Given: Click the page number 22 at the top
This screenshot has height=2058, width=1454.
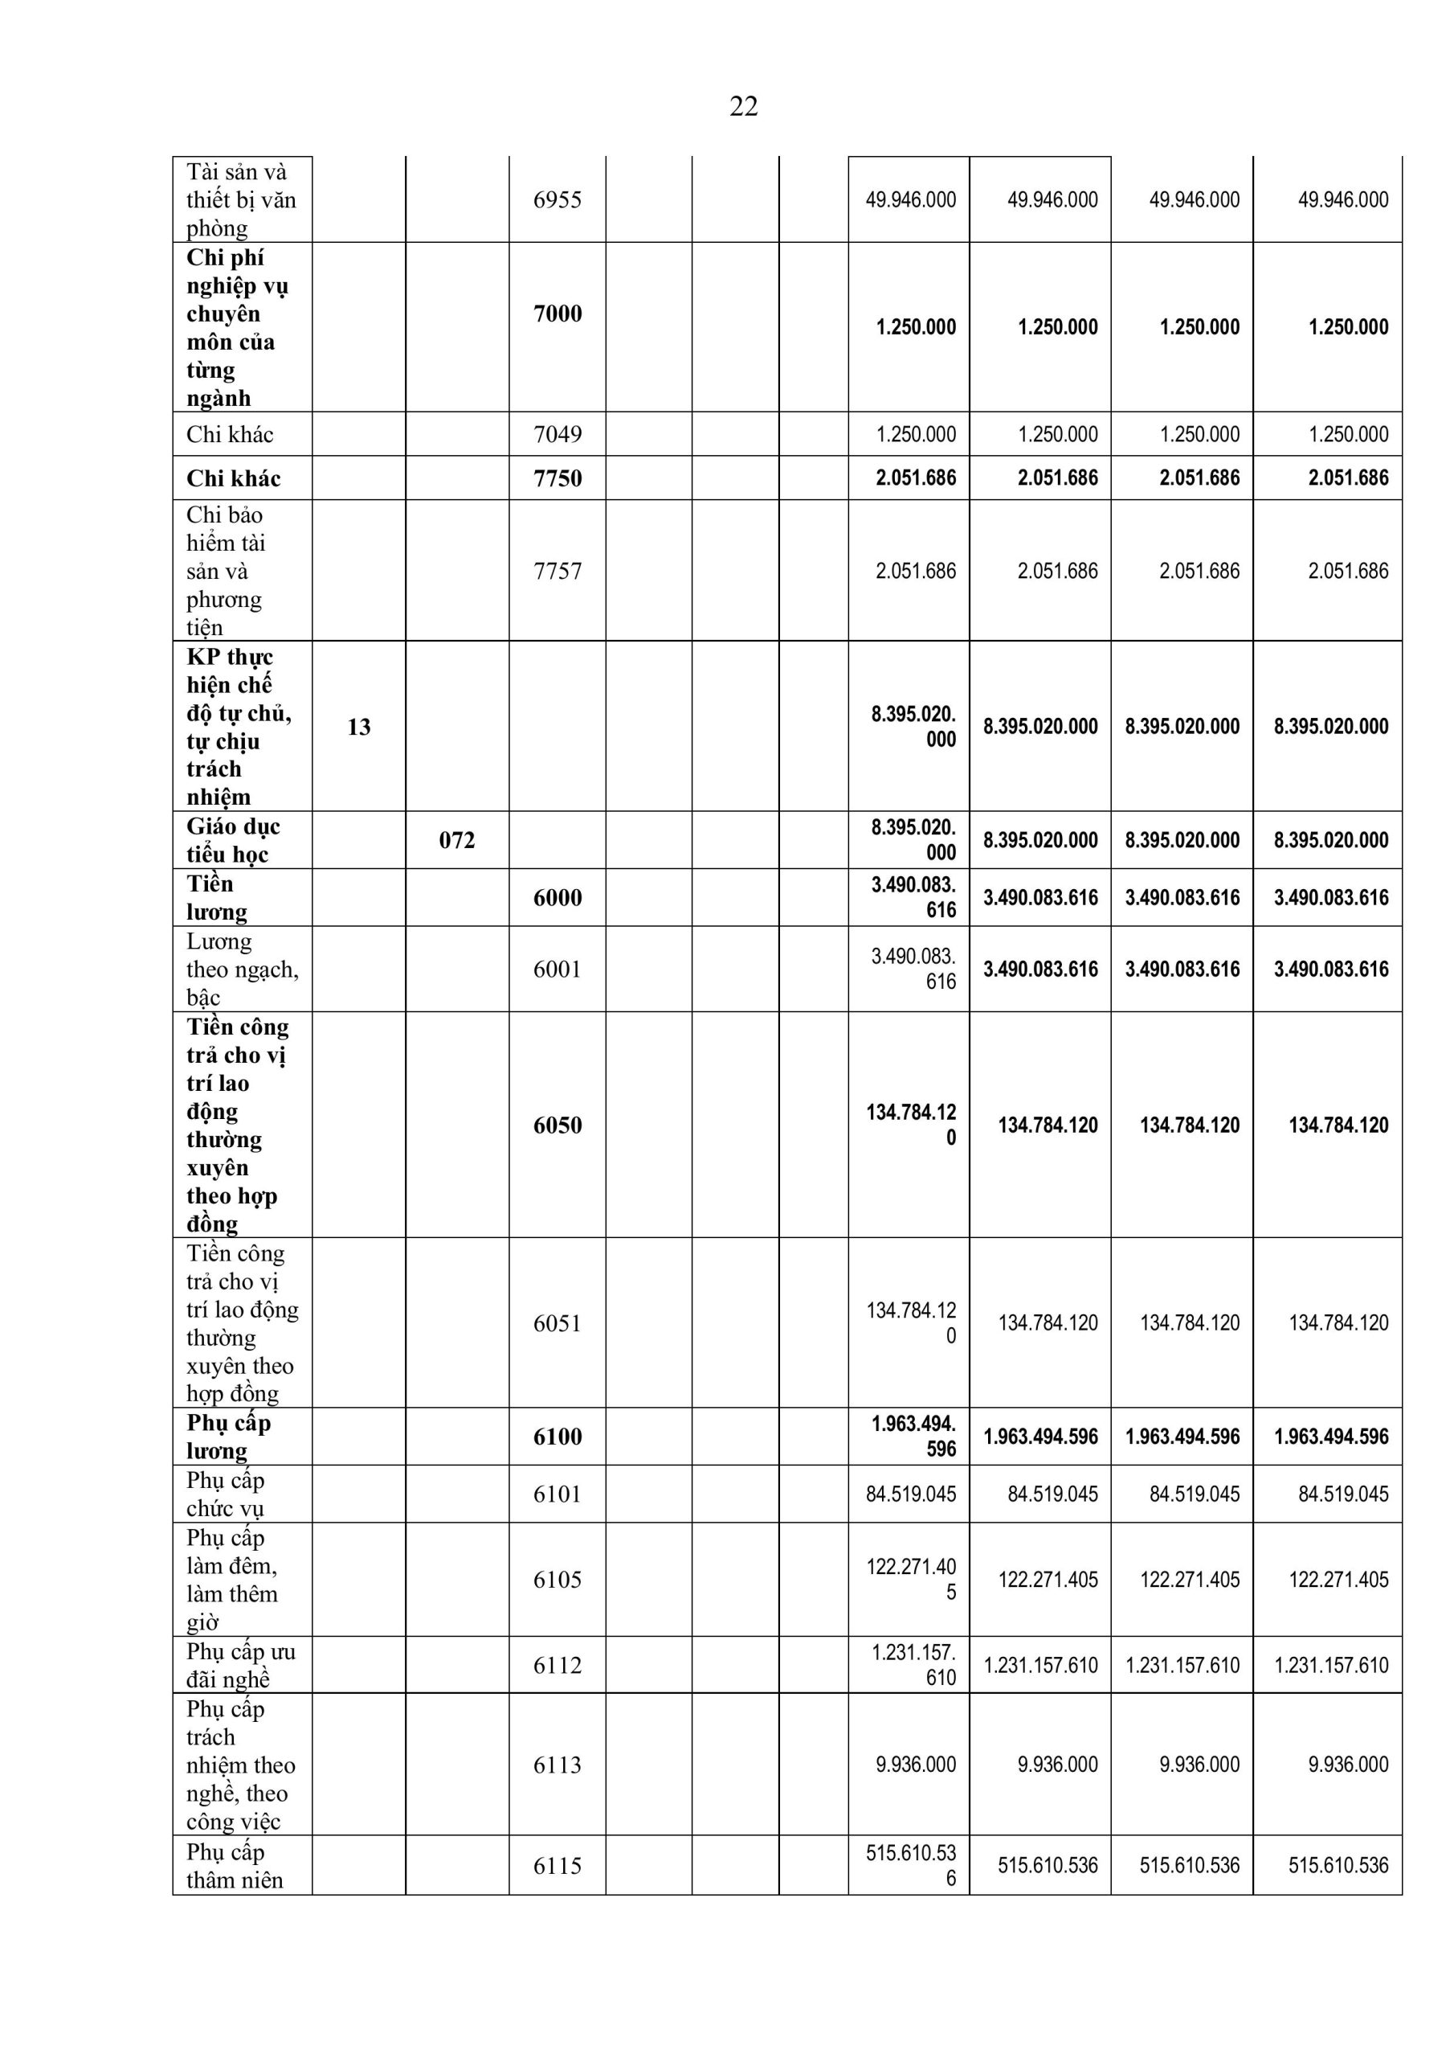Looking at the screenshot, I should [x=744, y=107].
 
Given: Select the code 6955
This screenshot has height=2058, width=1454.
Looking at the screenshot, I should [x=558, y=200].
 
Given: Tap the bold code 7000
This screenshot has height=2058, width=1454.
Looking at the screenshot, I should [x=558, y=314].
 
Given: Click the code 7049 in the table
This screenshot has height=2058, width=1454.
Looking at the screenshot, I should [x=558, y=435].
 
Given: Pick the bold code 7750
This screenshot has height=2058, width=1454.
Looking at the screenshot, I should [x=558, y=478].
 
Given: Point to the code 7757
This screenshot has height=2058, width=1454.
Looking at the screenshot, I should [x=558, y=571].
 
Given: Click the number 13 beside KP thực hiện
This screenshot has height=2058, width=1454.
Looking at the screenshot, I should [x=358, y=727].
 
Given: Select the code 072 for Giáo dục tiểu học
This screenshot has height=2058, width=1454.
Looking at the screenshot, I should [x=457, y=841].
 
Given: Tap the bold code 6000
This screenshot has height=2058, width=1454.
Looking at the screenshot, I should [x=558, y=898].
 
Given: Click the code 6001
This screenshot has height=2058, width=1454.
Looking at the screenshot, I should [x=558, y=969].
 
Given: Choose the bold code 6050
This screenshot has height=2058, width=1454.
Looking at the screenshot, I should [x=558, y=1125].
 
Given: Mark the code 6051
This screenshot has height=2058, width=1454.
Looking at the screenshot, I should [x=558, y=1323].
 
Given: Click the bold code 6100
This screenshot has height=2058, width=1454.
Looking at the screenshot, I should [x=558, y=1437].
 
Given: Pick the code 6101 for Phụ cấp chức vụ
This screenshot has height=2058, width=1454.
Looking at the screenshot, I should [x=558, y=1494].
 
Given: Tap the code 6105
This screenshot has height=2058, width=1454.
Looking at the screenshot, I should [x=558, y=1580].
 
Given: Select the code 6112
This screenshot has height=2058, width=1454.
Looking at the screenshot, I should [x=558, y=1666].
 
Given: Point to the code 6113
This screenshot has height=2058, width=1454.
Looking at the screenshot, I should [x=558, y=1765].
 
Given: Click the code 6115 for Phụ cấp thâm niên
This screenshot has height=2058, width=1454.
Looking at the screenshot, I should [x=558, y=1865].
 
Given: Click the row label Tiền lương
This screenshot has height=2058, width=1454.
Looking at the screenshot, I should [x=217, y=898].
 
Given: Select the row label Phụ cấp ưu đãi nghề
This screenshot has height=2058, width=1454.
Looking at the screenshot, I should [x=240, y=1666].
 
